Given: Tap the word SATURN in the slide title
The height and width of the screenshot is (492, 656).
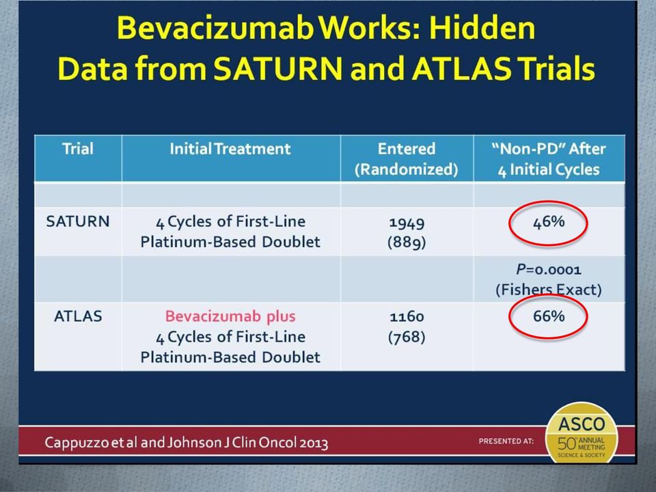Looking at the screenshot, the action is pyautogui.click(x=278, y=68).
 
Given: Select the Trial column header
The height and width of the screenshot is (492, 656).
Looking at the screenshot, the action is pyautogui.click(x=78, y=149).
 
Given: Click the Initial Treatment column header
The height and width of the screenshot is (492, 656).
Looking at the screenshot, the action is pyautogui.click(x=230, y=149).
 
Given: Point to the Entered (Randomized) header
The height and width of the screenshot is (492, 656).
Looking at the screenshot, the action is pyautogui.click(x=406, y=159).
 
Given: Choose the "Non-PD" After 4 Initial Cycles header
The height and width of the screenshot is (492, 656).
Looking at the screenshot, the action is pyautogui.click(x=549, y=159).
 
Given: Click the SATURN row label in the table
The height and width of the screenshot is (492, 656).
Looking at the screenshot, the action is pyautogui.click(x=78, y=221).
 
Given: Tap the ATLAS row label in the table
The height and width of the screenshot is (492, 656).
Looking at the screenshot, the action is pyautogui.click(x=78, y=316).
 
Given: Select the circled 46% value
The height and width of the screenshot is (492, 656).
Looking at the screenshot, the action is pyautogui.click(x=549, y=221).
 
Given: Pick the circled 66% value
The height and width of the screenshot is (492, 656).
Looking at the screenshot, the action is pyautogui.click(x=549, y=316).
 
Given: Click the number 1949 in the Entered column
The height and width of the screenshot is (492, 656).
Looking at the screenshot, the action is pyautogui.click(x=407, y=223).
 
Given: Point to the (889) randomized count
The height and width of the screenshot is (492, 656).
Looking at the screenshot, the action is pyautogui.click(x=407, y=242).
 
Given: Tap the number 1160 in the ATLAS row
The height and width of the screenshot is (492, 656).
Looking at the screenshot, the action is pyautogui.click(x=407, y=316).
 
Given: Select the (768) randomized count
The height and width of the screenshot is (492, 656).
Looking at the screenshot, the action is pyautogui.click(x=407, y=337).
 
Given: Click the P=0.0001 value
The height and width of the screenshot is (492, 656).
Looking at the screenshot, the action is pyautogui.click(x=549, y=269).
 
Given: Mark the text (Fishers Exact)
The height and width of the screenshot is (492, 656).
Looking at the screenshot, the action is pyautogui.click(x=549, y=290).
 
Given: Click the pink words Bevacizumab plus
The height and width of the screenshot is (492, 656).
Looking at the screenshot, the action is pyautogui.click(x=230, y=316).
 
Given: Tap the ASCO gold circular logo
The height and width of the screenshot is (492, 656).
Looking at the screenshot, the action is pyautogui.click(x=582, y=434).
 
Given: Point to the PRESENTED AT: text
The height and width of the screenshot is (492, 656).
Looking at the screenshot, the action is pyautogui.click(x=506, y=441).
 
